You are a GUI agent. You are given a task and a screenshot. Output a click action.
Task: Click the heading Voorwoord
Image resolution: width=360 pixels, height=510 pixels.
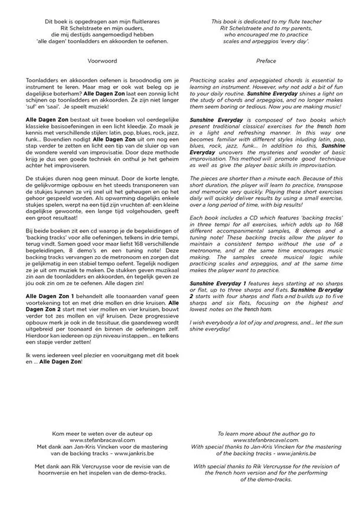pos(102,61)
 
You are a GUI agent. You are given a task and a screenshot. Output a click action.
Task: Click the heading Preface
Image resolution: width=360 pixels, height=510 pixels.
pos(266,61)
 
